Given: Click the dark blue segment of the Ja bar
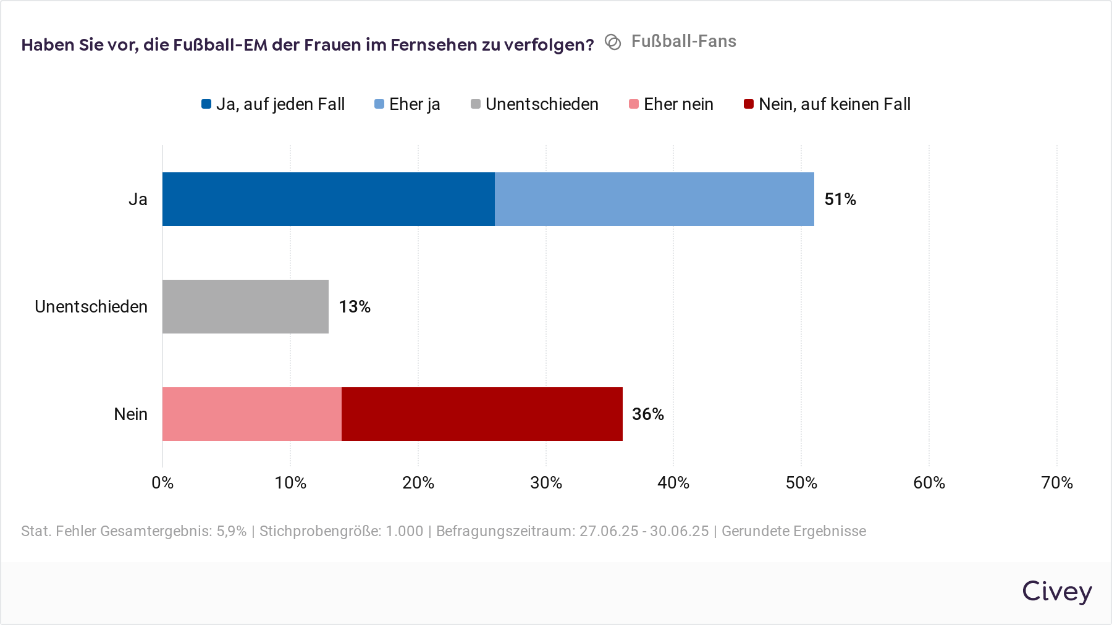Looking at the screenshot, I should coord(328,199).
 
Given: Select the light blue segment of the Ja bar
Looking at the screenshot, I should coord(654,199).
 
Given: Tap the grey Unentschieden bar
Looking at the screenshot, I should coord(245,306).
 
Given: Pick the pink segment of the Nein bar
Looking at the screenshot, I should coord(251,414).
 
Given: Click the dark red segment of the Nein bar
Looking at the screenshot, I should coord(482,414).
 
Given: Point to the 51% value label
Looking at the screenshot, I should coord(840,199).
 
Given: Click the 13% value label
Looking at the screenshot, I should coord(355,306).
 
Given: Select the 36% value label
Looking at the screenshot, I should coord(647,414).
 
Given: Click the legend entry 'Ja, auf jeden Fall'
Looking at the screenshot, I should coord(273,104).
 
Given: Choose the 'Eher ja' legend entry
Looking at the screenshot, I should coord(408,104).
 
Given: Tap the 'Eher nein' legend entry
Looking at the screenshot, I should coord(672,104).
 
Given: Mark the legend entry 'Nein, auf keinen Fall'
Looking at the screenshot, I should coord(827,104).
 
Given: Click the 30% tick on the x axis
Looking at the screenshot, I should coord(546,482).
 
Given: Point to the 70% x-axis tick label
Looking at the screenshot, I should coord(1057,482).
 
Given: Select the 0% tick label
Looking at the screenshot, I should coord(162,482).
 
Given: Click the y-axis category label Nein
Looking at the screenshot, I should coord(130,414).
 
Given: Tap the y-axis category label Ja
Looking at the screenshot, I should coord(138,199).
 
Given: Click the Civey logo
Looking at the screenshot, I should coord(1056,592).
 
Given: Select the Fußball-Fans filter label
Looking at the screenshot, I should coord(683,41).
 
